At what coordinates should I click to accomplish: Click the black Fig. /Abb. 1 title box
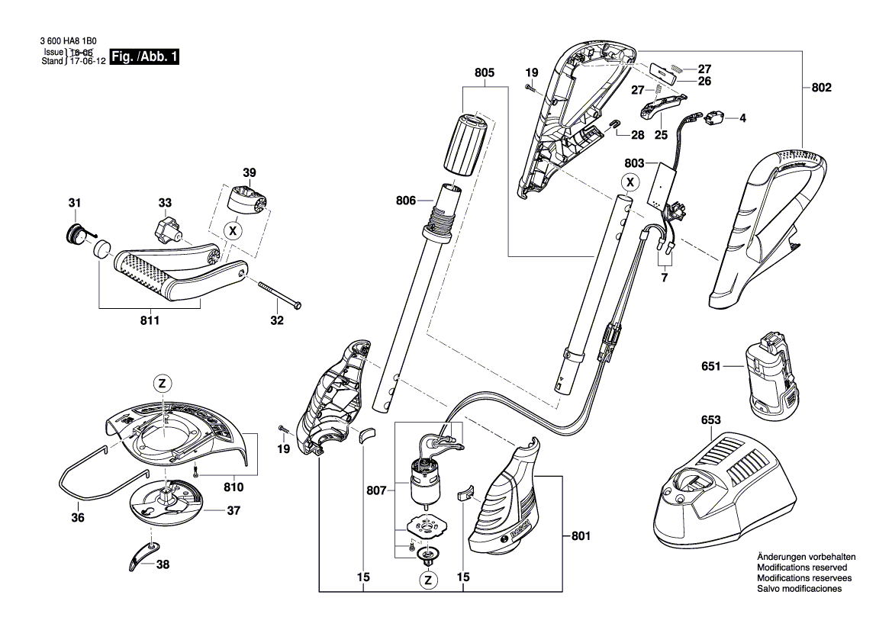(144, 56)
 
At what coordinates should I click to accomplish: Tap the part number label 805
(484, 72)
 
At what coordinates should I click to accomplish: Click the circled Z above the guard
(163, 384)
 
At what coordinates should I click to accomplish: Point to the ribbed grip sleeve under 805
(465, 146)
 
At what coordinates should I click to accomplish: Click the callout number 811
(150, 320)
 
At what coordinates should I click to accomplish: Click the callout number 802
(821, 88)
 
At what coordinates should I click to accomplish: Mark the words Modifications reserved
(801, 567)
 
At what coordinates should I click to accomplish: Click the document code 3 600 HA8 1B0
(69, 41)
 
